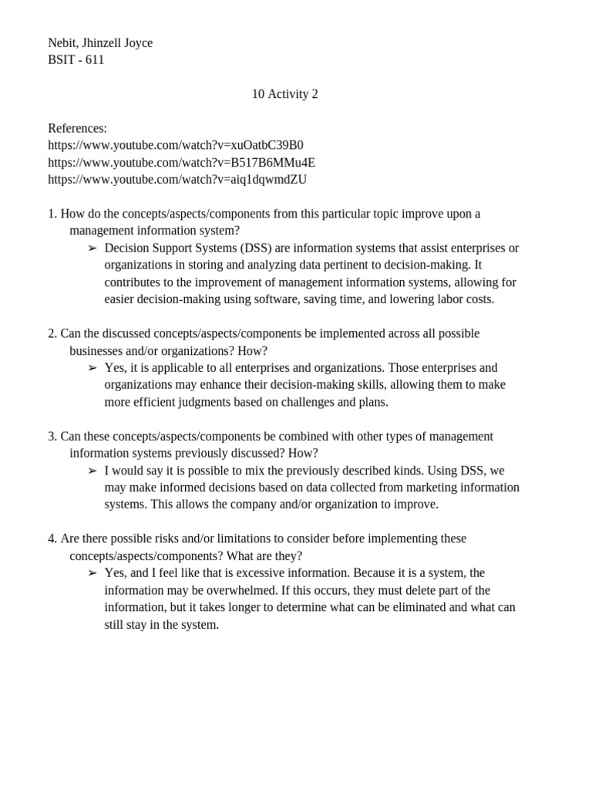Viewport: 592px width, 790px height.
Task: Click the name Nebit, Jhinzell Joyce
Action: point(100,43)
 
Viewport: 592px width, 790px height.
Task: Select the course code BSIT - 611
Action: point(76,60)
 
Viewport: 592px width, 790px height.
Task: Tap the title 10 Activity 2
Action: point(284,94)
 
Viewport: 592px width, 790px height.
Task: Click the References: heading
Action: point(77,128)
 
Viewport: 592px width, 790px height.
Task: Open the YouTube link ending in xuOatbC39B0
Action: point(176,145)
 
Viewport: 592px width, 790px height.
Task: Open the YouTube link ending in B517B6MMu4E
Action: point(181,162)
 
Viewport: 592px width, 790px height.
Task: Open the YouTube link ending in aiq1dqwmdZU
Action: point(177,179)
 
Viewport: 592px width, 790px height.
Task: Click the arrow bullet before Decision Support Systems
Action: point(92,248)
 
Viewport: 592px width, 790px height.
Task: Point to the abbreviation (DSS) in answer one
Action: point(254,248)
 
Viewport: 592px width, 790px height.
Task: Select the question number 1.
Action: point(52,214)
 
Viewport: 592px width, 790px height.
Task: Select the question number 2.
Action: point(52,333)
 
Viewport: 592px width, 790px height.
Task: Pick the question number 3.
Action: point(52,436)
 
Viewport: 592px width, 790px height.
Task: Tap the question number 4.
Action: point(52,538)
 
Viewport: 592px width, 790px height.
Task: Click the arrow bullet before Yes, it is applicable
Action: point(92,368)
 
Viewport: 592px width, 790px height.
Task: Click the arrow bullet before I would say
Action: point(92,471)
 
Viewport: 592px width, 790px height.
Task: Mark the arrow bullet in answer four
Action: point(92,573)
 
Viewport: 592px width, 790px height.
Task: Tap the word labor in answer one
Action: point(425,299)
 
